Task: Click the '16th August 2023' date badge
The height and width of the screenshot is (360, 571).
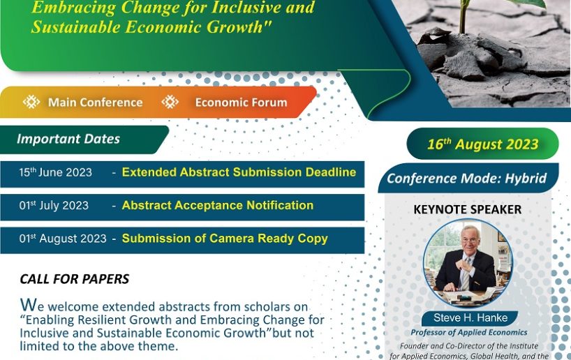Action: coord(482,144)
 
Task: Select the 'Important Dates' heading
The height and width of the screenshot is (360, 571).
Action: coord(68,139)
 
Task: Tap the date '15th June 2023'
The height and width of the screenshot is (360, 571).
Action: coord(55,172)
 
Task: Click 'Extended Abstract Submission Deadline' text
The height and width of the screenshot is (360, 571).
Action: coord(239,172)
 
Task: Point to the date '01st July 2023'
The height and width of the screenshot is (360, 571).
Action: coord(54,205)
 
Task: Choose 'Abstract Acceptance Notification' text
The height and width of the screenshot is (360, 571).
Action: coord(218,205)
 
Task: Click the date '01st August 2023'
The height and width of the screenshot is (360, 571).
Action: coord(63,239)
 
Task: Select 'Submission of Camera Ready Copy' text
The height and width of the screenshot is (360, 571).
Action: coord(225,239)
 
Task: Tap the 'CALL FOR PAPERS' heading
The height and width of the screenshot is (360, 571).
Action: coord(75,279)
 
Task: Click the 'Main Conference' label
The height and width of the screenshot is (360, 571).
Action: coord(96,103)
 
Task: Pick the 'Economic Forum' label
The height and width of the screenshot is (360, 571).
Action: coord(241,103)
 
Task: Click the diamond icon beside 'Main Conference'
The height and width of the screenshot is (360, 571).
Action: coord(31,102)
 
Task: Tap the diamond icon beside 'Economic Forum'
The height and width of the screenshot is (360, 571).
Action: coord(170,102)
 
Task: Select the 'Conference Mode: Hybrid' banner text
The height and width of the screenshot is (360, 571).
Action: coord(467,179)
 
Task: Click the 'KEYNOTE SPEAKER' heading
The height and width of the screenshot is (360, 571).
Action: coord(468,209)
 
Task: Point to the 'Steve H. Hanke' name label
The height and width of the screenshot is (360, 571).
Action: coord(470,317)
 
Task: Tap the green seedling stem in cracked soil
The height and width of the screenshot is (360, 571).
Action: coord(464,16)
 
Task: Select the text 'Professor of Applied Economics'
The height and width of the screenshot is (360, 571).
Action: coord(469,332)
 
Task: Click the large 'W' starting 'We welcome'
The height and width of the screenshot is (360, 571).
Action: coord(29,304)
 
